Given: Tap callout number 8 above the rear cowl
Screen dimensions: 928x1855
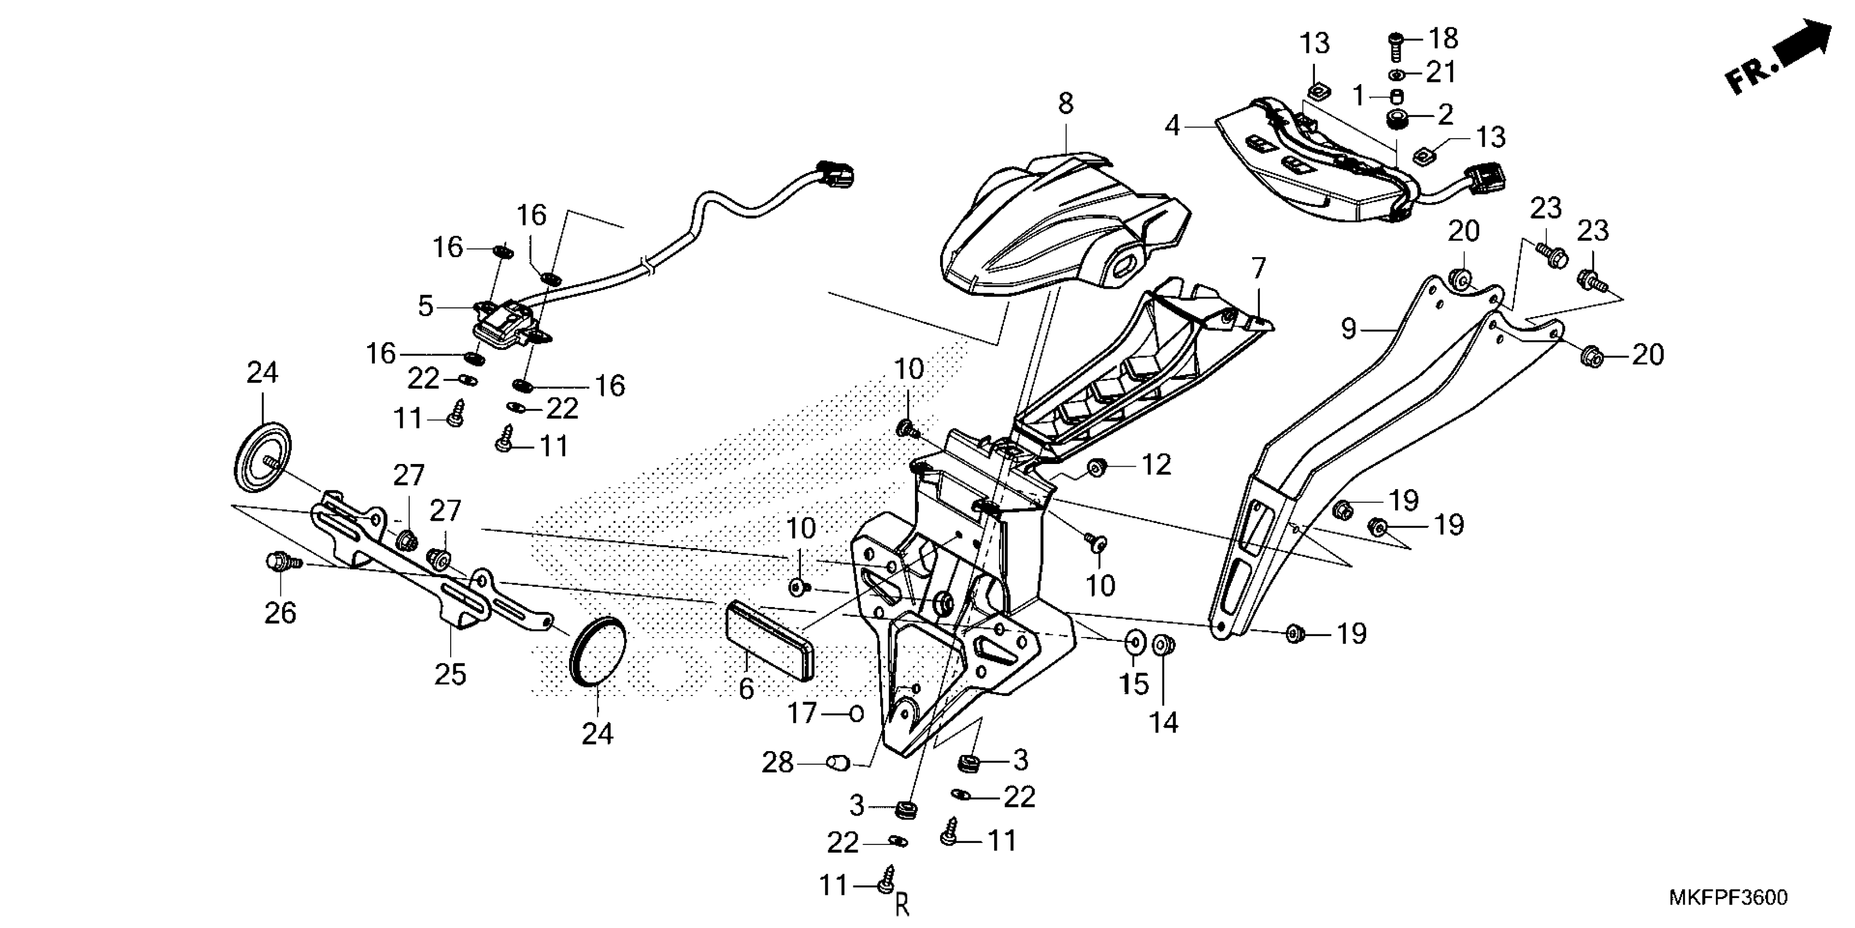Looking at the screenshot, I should click(1066, 104).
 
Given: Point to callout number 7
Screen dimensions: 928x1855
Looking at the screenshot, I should click(1258, 270).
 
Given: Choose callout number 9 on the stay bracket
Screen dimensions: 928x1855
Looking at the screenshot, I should click(1349, 329).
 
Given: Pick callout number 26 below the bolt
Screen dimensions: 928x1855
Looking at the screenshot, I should click(280, 613).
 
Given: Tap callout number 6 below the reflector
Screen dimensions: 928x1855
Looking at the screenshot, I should click(746, 689).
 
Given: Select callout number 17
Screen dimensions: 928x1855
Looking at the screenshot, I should click(801, 713).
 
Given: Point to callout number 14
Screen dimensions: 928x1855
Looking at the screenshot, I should click(1164, 722).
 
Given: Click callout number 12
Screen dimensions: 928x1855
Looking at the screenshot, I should click(1156, 465).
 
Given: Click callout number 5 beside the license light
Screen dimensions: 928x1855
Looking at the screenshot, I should click(426, 306).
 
